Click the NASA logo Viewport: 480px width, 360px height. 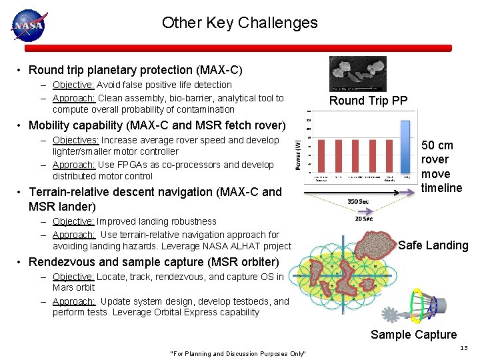point(27,25)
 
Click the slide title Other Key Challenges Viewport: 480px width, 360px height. point(239,23)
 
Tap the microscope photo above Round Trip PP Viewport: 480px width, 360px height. point(358,73)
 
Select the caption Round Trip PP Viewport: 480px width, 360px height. point(368,101)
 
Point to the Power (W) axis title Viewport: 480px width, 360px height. point(298,152)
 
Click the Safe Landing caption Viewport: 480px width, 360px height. point(433,245)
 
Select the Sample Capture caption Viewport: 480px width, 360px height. point(413,335)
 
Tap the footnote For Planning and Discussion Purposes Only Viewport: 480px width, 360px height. point(238,353)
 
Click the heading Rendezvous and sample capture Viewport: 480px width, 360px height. point(153,262)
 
